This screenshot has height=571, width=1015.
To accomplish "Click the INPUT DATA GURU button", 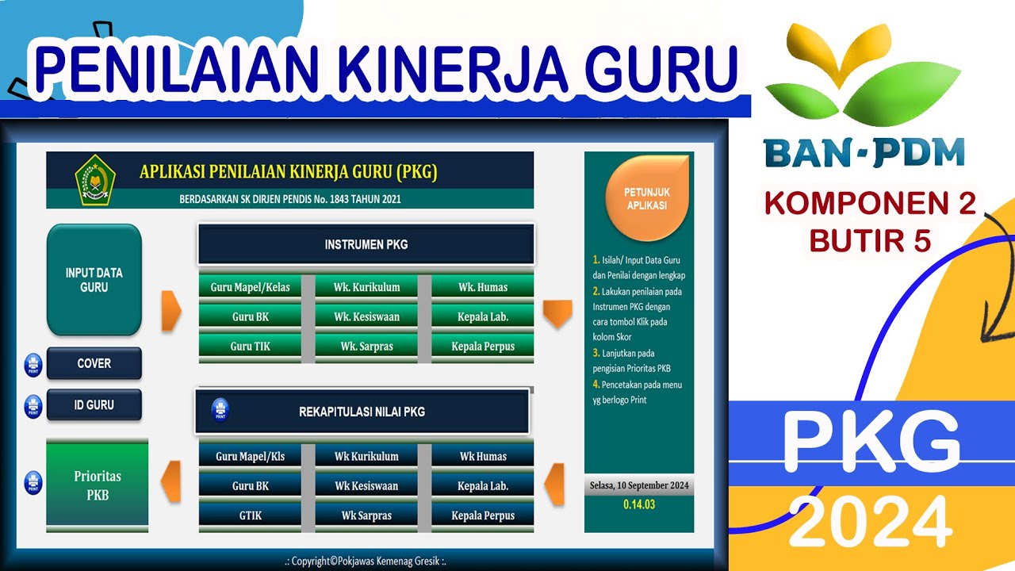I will (94, 280).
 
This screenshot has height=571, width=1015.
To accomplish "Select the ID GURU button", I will (94, 404).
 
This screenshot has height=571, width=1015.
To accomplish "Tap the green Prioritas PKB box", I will (97, 485).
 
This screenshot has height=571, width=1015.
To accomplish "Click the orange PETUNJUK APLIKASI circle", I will (645, 198).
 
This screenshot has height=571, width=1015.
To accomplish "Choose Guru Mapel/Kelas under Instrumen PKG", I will (250, 287).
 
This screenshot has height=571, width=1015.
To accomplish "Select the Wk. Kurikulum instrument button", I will (366, 287).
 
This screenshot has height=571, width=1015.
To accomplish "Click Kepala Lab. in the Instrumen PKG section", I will (482, 316).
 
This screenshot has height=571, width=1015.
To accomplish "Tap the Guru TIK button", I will (250, 347).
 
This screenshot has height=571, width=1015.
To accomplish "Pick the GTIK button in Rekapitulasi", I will (250, 515).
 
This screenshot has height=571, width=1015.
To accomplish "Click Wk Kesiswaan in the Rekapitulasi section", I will (366, 485).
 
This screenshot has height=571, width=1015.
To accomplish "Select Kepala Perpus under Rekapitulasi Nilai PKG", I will (482, 515).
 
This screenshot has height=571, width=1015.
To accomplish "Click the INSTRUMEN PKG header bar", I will (366, 244).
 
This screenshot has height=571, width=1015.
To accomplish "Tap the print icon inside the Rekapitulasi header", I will (220, 410).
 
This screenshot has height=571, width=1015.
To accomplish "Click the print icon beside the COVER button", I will (33, 364).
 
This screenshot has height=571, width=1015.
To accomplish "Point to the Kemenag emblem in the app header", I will (95, 179).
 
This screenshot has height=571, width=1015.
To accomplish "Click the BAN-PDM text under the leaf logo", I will (864, 152).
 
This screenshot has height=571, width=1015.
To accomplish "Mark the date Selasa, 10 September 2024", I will (638, 485).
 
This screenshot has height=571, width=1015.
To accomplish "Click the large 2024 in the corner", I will (870, 523).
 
